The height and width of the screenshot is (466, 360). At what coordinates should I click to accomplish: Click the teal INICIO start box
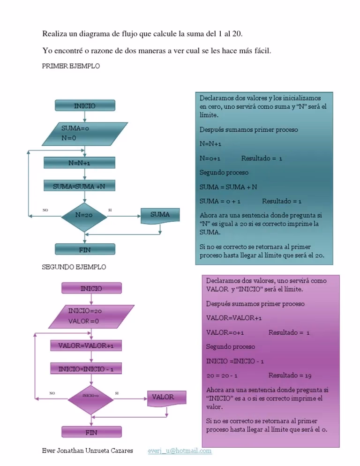click(85, 106)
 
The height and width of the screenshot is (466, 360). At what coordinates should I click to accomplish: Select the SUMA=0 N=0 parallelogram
click(85, 134)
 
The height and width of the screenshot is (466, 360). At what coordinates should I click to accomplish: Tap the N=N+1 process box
click(79, 163)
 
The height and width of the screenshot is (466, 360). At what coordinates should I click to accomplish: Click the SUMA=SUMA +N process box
click(79, 187)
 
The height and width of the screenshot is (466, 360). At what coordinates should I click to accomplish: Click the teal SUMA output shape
click(160, 215)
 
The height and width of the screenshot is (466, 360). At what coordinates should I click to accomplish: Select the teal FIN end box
click(85, 250)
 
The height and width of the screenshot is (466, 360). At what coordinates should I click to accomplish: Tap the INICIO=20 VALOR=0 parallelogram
click(91, 316)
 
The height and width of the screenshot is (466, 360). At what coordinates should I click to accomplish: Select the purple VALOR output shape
click(166, 398)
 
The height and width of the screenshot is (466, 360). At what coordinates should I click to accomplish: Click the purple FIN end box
click(91, 431)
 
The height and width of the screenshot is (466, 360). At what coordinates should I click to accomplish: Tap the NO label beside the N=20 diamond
click(45, 210)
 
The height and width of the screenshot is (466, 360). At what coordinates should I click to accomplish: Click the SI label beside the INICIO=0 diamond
click(117, 393)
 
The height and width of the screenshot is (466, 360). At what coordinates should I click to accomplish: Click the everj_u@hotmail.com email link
click(180, 451)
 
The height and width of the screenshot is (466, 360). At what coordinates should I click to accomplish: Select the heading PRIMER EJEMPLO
click(71, 67)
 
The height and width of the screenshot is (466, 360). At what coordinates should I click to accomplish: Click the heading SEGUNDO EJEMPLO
click(75, 267)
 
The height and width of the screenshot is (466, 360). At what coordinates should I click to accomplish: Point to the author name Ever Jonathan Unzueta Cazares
click(87, 451)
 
